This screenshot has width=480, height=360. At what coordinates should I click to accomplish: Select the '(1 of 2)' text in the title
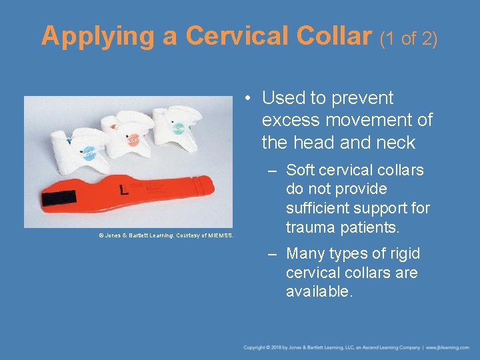[x=408, y=39]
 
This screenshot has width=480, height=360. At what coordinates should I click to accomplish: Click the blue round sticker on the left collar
[x=89, y=153]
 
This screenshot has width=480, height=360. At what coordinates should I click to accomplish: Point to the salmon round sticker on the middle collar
[x=133, y=139]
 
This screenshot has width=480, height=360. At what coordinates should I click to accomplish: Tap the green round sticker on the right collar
[x=178, y=128]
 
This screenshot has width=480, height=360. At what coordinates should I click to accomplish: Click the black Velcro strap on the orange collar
[x=59, y=198]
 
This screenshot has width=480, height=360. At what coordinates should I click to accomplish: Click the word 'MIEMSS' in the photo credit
[x=219, y=235]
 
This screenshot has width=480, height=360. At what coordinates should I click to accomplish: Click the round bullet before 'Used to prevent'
[x=247, y=99]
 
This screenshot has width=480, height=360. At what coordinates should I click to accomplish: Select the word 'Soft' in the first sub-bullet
[x=302, y=171]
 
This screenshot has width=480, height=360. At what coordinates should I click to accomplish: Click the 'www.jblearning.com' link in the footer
[x=449, y=347]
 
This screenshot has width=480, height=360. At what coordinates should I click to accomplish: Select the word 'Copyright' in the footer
[x=255, y=347]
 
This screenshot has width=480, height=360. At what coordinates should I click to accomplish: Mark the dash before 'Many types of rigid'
[x=275, y=255]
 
